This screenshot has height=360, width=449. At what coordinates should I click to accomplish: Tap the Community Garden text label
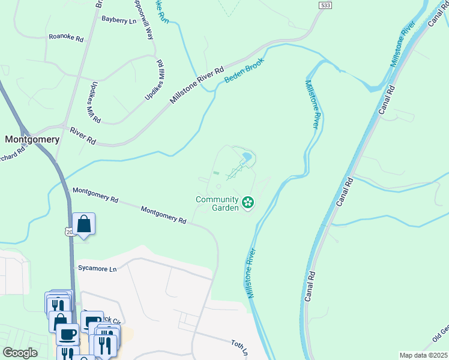(x=217, y=203)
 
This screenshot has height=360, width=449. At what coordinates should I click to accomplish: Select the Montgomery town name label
(x=32, y=139)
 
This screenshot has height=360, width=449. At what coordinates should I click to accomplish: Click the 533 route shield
(x=325, y=5)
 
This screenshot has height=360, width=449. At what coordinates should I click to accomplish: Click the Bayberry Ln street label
(x=119, y=20)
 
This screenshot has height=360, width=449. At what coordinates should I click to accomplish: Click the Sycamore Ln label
(x=97, y=269)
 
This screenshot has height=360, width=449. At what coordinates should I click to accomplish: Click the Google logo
(x=20, y=353)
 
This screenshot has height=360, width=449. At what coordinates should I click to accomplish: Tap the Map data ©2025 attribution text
(x=423, y=355)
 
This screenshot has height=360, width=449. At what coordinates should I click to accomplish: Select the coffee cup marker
(x=67, y=333)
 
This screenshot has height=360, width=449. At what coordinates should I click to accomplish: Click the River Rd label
(x=83, y=136)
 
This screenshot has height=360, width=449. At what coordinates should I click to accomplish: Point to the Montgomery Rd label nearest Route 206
(x=95, y=194)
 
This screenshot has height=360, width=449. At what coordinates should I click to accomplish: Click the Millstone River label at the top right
(x=403, y=46)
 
